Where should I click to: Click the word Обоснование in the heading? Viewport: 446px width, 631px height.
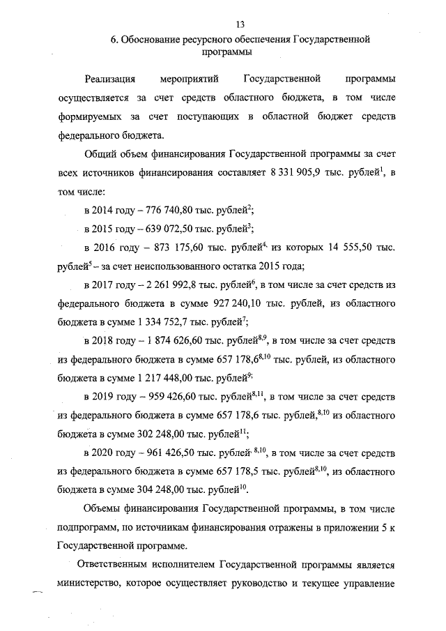click(152, 40)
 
